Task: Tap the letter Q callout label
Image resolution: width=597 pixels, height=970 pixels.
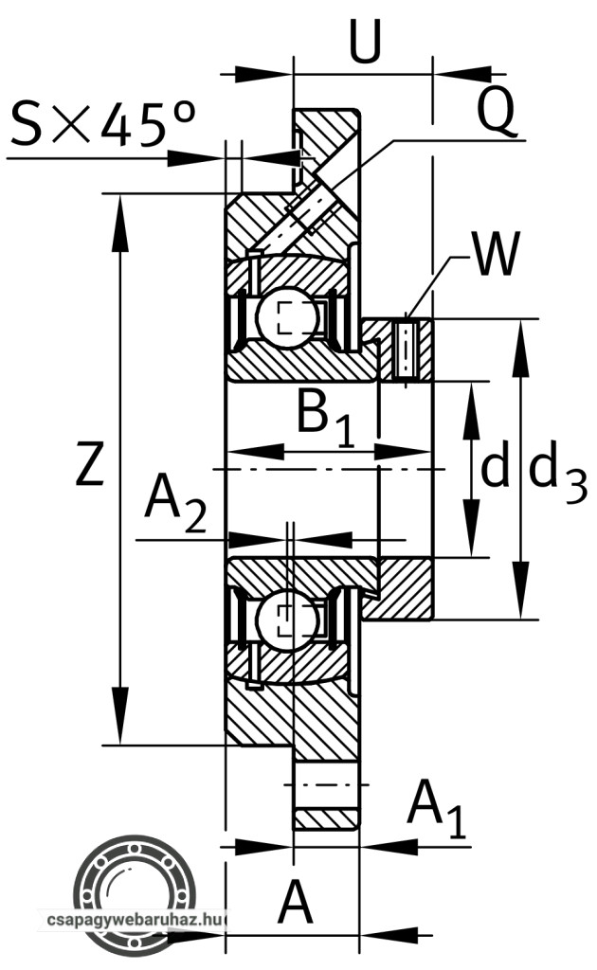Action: pos(496,112)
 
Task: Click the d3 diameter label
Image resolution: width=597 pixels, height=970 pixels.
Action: pos(556,471)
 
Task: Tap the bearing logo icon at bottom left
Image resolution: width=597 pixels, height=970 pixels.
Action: pos(136,886)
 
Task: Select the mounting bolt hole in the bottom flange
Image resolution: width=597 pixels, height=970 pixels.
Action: pos(325,784)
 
